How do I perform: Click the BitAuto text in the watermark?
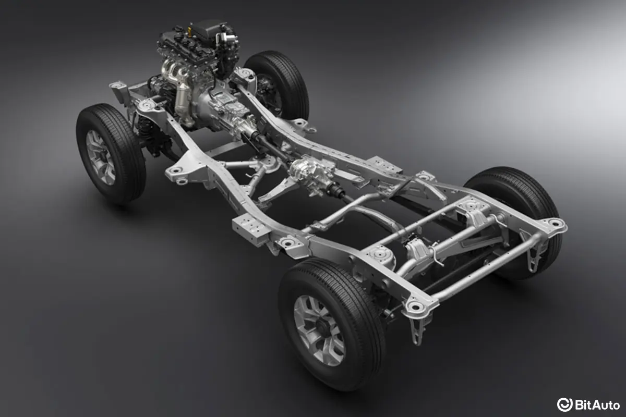coord(597,405)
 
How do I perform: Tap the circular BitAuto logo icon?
coord(564,404)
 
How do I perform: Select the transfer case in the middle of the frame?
coord(311,175)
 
